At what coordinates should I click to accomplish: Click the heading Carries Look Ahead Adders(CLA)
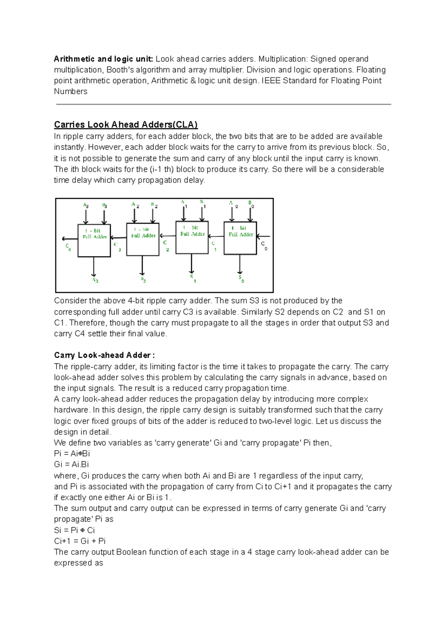pyautogui.click(x=126, y=125)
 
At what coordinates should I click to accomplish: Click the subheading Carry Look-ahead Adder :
pyautogui.click(x=104, y=355)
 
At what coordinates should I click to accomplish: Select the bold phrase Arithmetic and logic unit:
pyautogui.click(x=103, y=59)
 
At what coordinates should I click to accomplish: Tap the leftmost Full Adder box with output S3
pyautogui.click(x=94, y=241)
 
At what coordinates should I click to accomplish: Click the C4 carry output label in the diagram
pyautogui.click(x=68, y=247)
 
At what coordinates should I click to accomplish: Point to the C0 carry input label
pyautogui.click(x=264, y=245)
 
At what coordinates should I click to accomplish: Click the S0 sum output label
pyautogui.click(x=241, y=279)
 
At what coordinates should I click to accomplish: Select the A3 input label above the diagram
pyautogui.click(x=85, y=206)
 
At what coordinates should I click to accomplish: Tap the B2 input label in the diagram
pyautogui.click(x=154, y=205)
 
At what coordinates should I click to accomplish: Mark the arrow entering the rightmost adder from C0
pyautogui.click(x=264, y=237)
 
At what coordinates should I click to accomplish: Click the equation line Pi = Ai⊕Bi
pyautogui.click(x=72, y=454)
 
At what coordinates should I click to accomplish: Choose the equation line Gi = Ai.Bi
pyautogui.click(x=71, y=464)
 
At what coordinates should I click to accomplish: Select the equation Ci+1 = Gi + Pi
pyautogui.click(x=80, y=541)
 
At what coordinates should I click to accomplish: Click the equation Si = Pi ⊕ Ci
pyautogui.click(x=74, y=530)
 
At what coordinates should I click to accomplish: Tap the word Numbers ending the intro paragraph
pyautogui.click(x=71, y=91)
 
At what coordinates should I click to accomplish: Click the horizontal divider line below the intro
pyautogui.click(x=223, y=104)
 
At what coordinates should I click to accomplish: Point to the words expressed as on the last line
pyautogui.click(x=78, y=563)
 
